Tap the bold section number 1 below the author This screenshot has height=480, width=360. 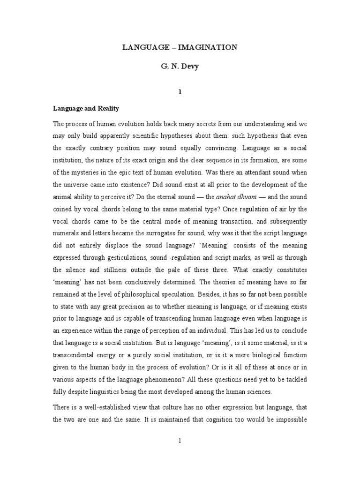pos(180,92)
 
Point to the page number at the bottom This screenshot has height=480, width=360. pos(180,441)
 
